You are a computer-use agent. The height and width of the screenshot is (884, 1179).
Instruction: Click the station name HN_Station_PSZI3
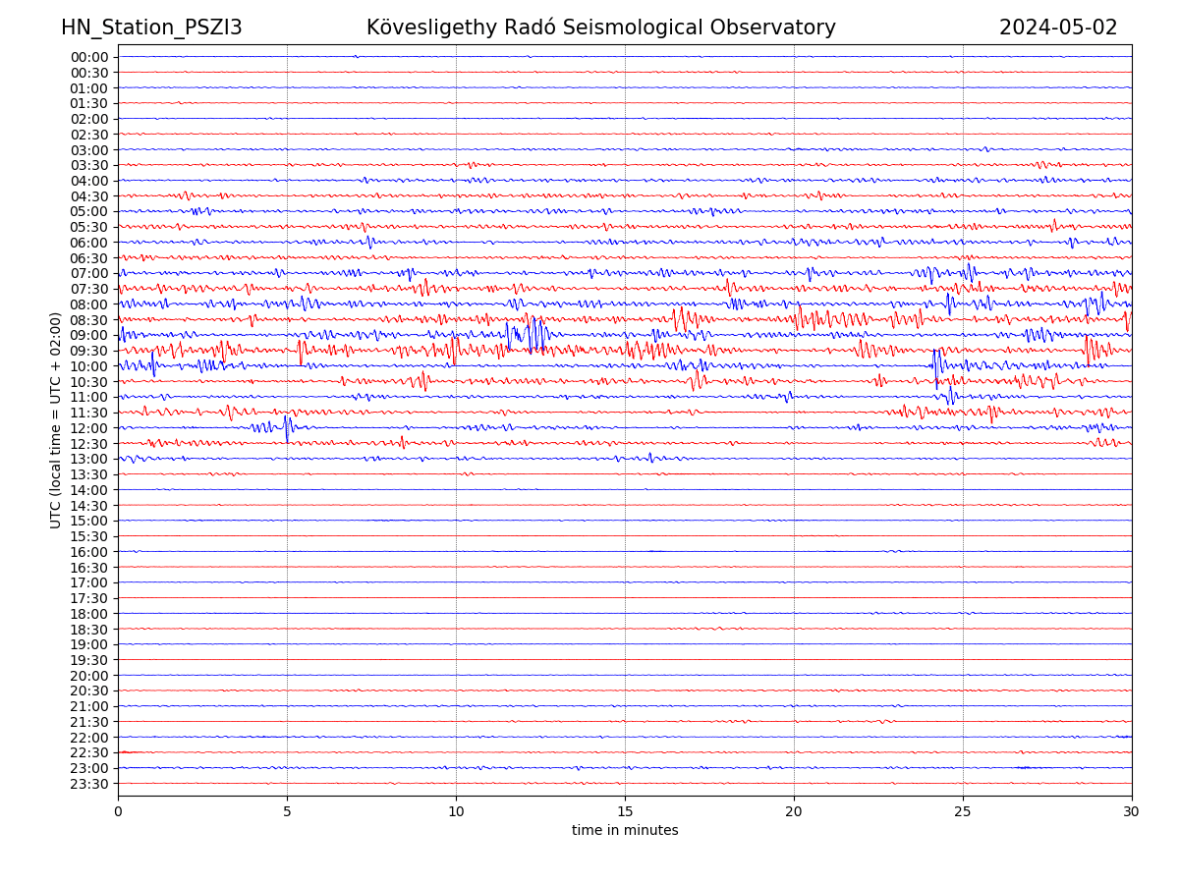pyautogui.click(x=151, y=28)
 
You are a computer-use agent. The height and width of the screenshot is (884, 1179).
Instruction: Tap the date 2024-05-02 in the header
pyautogui.click(x=1058, y=28)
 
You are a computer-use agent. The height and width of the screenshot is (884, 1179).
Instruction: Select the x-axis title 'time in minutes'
pyautogui.click(x=625, y=830)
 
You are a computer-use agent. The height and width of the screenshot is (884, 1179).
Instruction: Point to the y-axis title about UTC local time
pyautogui.click(x=56, y=419)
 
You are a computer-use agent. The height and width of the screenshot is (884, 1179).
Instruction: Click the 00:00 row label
pyautogui.click(x=89, y=57)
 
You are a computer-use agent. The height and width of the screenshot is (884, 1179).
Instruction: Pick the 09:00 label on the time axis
pyautogui.click(x=89, y=335)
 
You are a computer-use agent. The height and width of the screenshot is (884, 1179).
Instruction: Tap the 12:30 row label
pyautogui.click(x=89, y=444)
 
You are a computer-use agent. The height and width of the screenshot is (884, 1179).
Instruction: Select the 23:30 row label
pyautogui.click(x=89, y=784)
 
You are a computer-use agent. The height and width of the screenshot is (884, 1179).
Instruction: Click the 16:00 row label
pyautogui.click(x=89, y=552)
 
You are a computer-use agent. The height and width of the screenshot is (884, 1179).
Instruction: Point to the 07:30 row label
pyautogui.click(x=89, y=289)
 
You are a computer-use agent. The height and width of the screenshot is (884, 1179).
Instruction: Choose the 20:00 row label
pyautogui.click(x=89, y=676)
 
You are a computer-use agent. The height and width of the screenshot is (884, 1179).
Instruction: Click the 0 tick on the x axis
pyautogui.click(x=118, y=811)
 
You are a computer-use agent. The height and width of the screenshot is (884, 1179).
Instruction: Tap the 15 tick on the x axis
pyautogui.click(x=625, y=811)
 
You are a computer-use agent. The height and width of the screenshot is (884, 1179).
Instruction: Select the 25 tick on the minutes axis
pyautogui.click(x=963, y=811)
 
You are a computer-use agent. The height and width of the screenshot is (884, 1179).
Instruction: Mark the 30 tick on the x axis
pyautogui.click(x=1132, y=811)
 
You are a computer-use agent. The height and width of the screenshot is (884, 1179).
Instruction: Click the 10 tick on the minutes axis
pyautogui.click(x=456, y=811)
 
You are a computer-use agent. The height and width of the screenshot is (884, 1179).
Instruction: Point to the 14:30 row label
pyautogui.click(x=89, y=506)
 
